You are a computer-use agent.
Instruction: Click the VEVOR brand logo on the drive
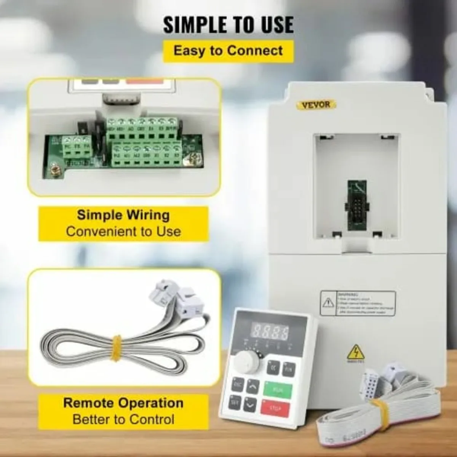point(316,104)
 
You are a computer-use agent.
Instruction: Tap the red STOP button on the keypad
point(275,409)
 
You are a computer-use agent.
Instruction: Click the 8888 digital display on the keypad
point(271,332)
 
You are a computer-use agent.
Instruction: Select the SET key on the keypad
point(235,402)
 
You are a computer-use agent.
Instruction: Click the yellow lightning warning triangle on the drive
point(356,353)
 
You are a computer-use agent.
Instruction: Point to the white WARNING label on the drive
point(358,304)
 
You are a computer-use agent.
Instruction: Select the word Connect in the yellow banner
point(255,51)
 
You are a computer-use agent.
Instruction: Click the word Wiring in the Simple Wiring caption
point(148,215)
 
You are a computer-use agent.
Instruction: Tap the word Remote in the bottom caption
point(89,403)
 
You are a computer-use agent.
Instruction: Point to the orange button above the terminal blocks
point(144,81)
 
